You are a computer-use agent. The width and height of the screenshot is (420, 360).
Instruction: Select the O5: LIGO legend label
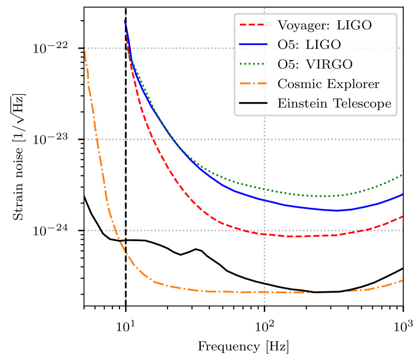(309, 44)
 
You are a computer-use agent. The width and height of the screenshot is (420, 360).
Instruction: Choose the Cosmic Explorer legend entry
(328, 84)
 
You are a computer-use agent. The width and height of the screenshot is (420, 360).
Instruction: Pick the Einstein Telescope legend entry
(334, 104)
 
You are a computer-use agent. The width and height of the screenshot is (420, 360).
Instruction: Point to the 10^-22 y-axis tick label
(56, 48)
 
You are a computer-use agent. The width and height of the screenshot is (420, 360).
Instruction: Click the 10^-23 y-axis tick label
(56, 139)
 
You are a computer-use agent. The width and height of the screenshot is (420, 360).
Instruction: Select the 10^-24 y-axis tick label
(56, 230)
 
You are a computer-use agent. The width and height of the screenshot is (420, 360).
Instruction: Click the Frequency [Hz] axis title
(244, 347)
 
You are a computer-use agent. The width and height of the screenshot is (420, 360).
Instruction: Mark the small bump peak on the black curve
(195, 249)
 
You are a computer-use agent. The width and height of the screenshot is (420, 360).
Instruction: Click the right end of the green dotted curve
(403, 174)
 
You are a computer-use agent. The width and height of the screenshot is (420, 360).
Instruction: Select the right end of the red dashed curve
(403, 216)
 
